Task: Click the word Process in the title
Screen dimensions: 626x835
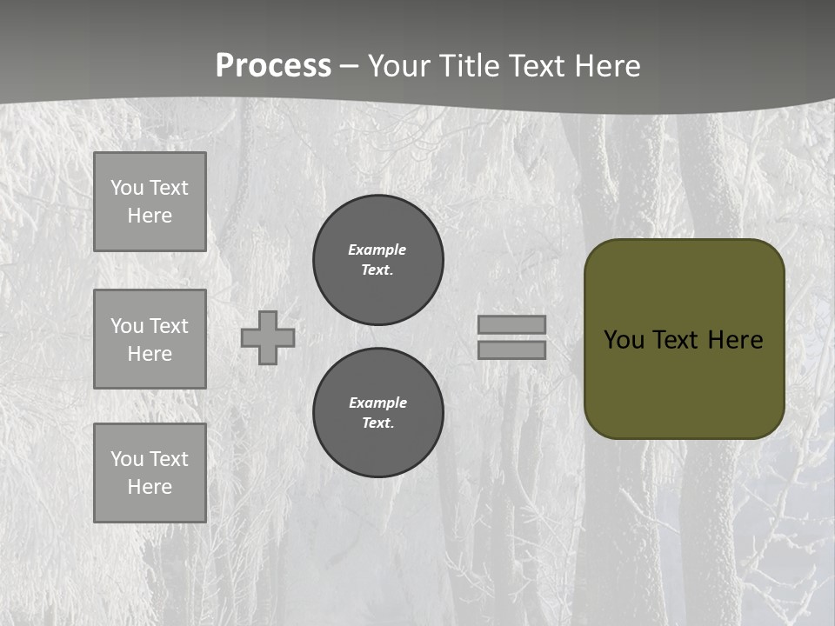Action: click(x=273, y=66)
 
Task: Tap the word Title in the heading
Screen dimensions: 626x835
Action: click(x=469, y=66)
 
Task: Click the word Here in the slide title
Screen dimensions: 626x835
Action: click(x=608, y=66)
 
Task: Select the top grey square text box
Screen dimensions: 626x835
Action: click(x=150, y=202)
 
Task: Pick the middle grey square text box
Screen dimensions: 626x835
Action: click(x=150, y=339)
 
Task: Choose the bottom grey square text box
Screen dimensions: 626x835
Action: click(x=150, y=473)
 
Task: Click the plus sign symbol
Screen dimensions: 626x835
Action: click(x=268, y=337)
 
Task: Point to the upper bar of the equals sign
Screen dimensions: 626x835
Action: click(x=511, y=324)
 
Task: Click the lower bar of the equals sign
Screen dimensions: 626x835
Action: click(x=511, y=350)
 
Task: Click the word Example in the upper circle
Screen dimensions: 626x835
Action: click(x=377, y=250)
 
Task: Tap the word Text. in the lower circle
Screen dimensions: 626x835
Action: click(x=377, y=423)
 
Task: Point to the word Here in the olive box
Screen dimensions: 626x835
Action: click(x=735, y=340)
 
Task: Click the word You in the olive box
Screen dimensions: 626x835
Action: click(x=624, y=340)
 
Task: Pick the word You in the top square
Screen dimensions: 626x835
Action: click(x=127, y=188)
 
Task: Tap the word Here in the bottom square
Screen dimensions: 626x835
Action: click(x=150, y=487)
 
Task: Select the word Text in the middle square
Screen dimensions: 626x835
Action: click(x=169, y=326)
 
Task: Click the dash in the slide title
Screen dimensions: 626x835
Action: click(x=350, y=67)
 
